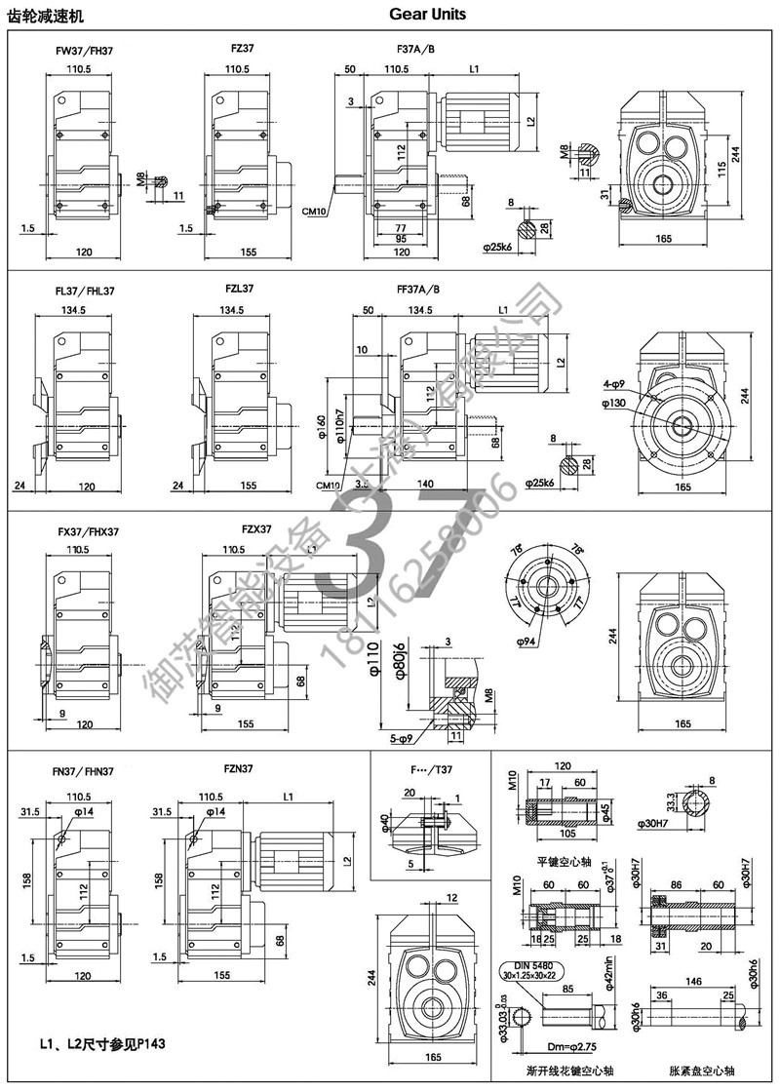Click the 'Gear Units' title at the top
[x=427, y=15]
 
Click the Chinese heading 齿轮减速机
[x=46, y=16]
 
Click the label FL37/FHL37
[x=86, y=291]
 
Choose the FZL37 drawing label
[x=239, y=290]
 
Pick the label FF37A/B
[x=418, y=290]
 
